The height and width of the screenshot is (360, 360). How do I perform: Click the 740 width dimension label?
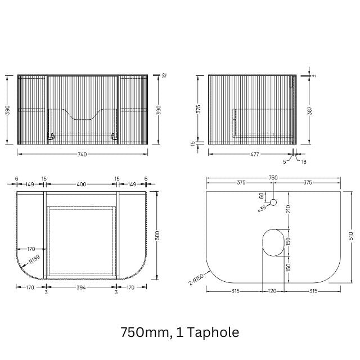(82, 154)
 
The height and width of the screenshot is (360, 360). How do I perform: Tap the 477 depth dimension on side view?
(254, 154)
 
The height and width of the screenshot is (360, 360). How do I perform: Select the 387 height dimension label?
(310, 111)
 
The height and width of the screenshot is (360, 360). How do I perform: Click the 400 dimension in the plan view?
(82, 184)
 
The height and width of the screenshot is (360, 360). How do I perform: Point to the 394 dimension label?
(81, 287)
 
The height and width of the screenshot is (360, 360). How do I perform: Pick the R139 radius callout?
(34, 259)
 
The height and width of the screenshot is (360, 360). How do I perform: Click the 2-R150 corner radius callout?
(196, 279)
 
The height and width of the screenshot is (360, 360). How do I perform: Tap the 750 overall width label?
(273, 178)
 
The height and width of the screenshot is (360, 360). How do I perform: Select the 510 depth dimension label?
(351, 236)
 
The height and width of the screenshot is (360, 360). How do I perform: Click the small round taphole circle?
(273, 202)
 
